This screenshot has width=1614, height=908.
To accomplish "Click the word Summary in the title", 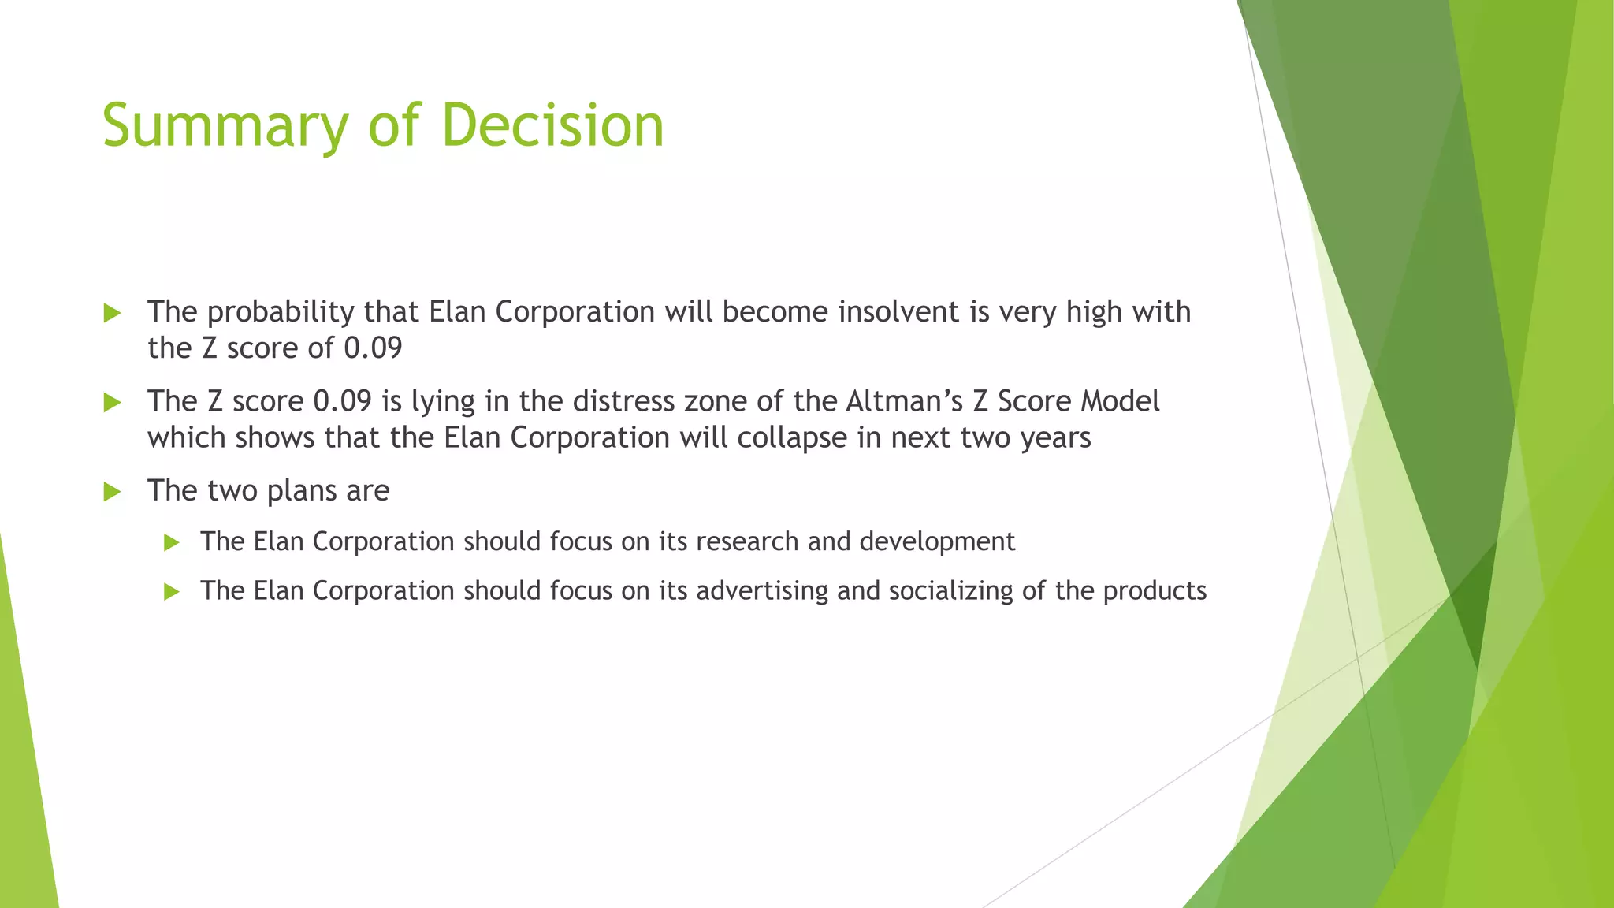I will pyautogui.click(x=225, y=126).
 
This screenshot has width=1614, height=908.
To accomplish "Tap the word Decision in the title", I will pyautogui.click(x=552, y=126).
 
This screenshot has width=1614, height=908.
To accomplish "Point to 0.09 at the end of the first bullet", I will pyautogui.click(x=373, y=348).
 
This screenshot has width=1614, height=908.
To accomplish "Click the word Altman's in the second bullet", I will pyautogui.click(x=905, y=401).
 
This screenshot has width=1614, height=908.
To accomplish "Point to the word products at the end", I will pyautogui.click(x=1155, y=591).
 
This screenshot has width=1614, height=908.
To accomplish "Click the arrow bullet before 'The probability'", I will pyautogui.click(x=112, y=314).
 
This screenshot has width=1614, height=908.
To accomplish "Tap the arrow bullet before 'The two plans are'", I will pyautogui.click(x=112, y=493).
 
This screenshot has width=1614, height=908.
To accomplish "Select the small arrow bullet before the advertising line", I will pyautogui.click(x=172, y=592).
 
